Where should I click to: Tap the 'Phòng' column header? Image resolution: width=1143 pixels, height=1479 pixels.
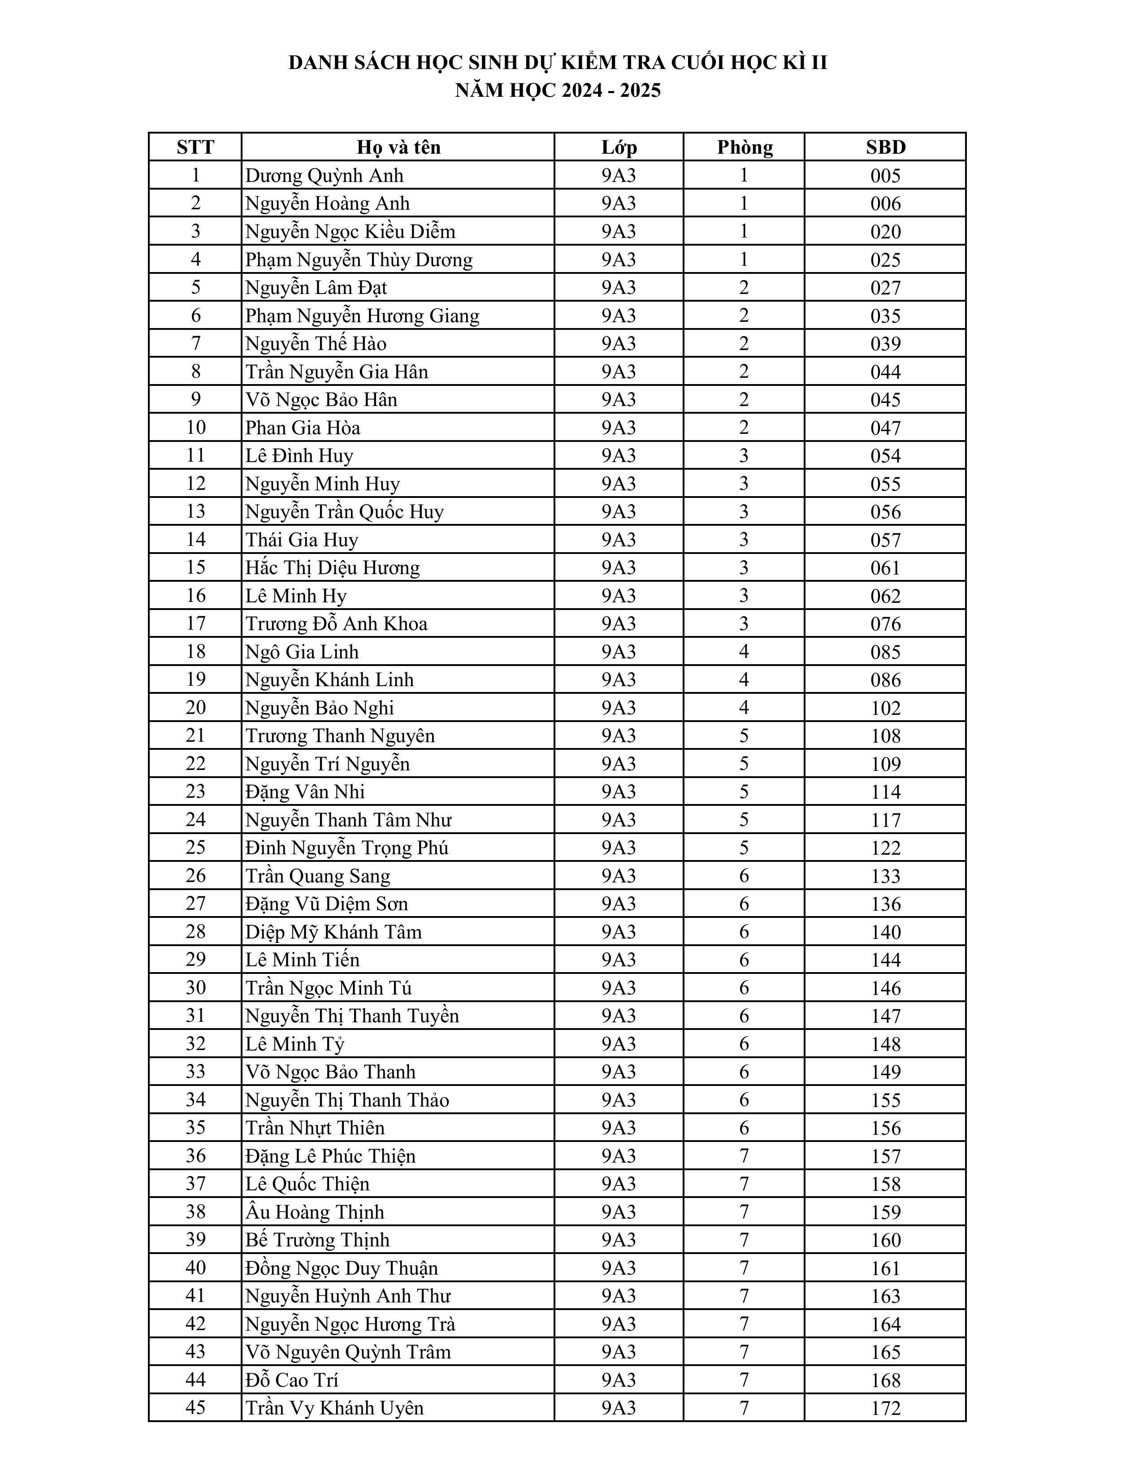744,147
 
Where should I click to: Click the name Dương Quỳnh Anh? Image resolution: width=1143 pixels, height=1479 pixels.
325,175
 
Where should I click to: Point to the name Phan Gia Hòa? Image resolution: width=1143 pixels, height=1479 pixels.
303,427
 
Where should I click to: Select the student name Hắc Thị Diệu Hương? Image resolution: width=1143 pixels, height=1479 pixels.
333,567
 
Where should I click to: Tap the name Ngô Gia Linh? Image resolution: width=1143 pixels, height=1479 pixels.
302,652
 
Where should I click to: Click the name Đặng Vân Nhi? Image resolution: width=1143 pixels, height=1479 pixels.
305,791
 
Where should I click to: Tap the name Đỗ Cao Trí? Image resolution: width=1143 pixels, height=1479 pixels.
292,1380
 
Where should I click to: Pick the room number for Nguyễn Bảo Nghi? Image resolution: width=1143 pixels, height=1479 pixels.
744,708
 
